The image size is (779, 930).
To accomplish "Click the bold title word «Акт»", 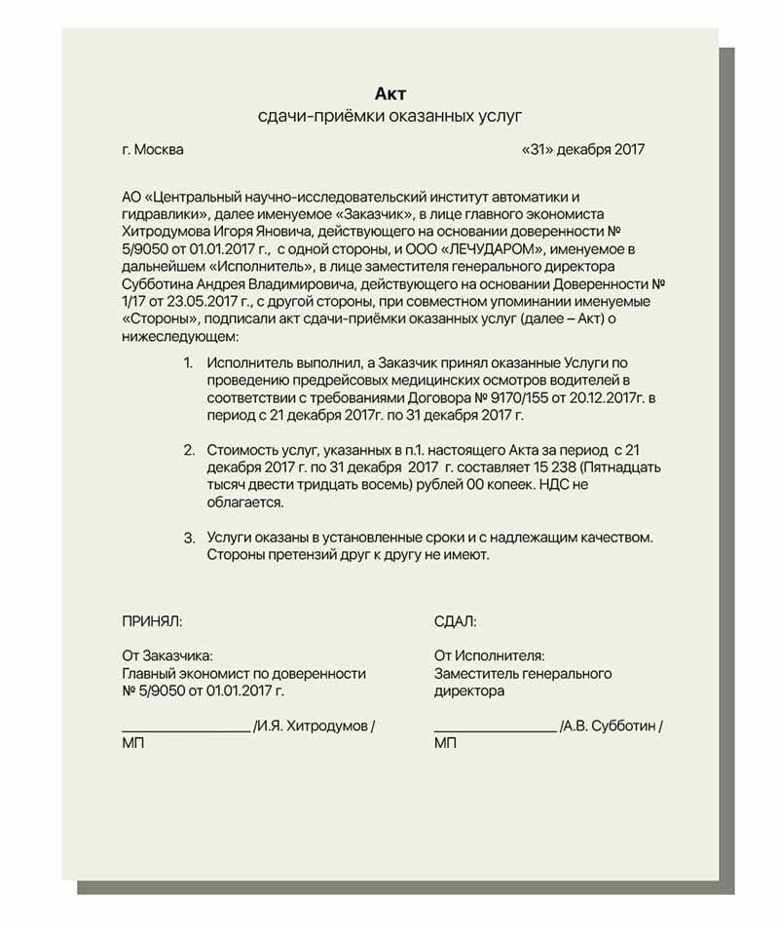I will pyautogui.click(x=390, y=93).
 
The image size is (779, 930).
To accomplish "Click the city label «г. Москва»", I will pyautogui.click(x=152, y=150).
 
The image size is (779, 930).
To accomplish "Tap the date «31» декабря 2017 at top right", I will pyautogui.click(x=584, y=150).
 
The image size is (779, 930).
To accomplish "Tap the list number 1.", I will pyautogui.click(x=188, y=362).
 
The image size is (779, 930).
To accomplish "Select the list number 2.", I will pyautogui.click(x=188, y=451).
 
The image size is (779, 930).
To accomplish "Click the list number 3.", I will pyautogui.click(x=188, y=538).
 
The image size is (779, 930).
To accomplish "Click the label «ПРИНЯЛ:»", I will pyautogui.click(x=151, y=620).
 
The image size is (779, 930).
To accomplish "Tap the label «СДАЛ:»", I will pyautogui.click(x=455, y=620).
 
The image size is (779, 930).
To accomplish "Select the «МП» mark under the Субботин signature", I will pyautogui.click(x=445, y=744).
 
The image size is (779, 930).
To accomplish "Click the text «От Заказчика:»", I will pyautogui.click(x=167, y=655).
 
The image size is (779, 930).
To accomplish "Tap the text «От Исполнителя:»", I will pyautogui.click(x=489, y=655).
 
